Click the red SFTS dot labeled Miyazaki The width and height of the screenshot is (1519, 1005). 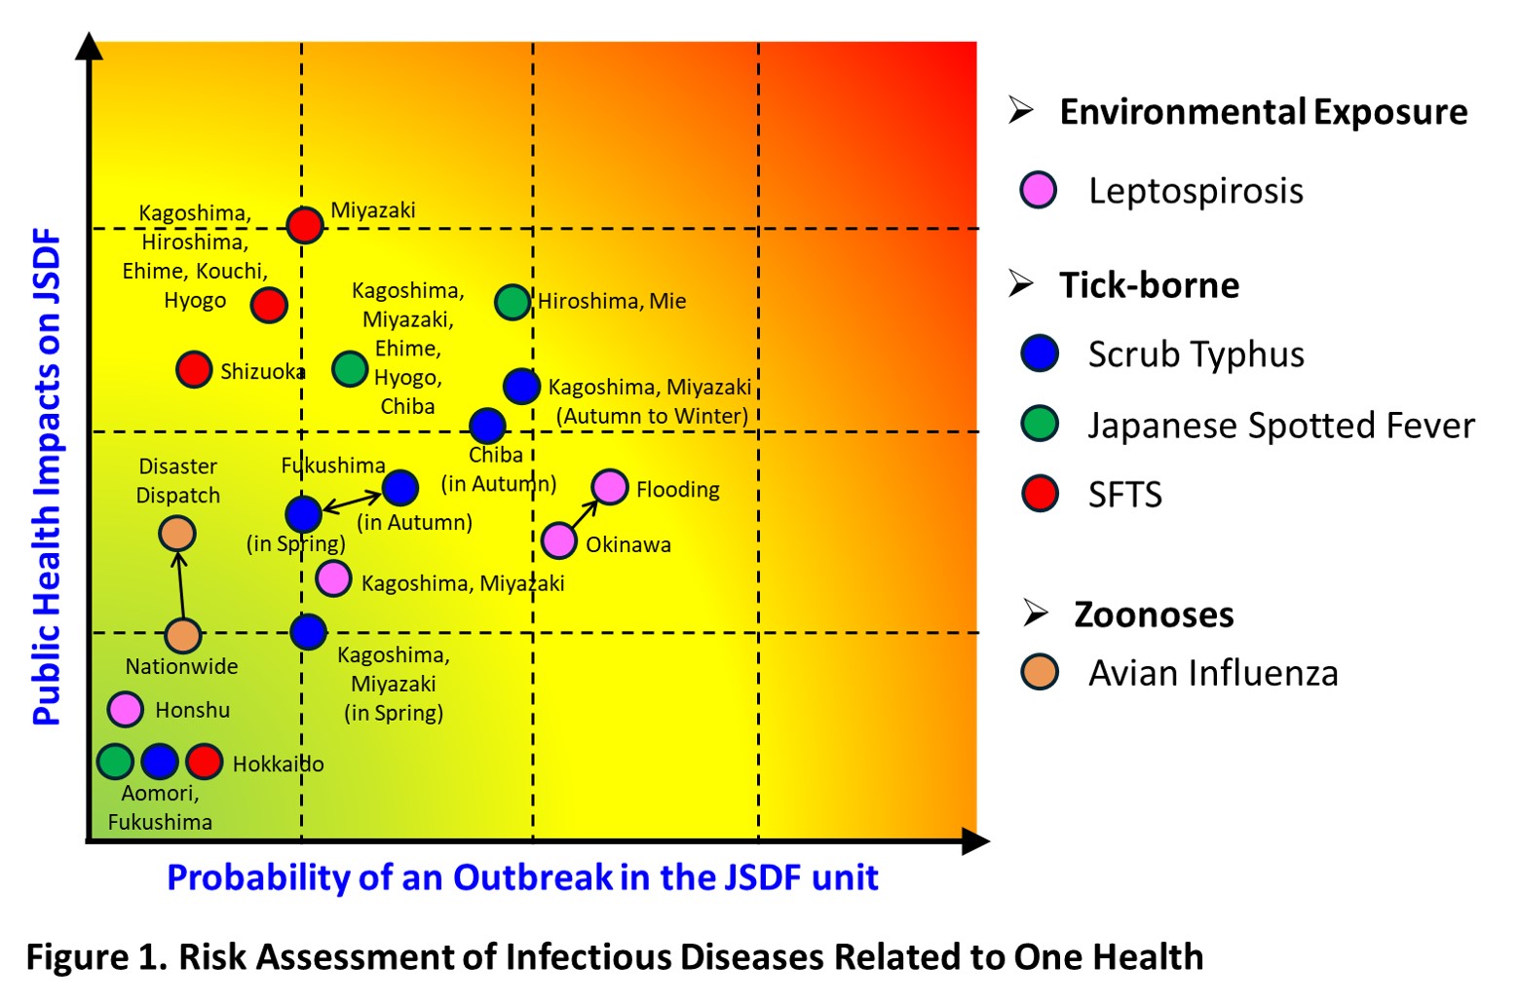click(x=305, y=225)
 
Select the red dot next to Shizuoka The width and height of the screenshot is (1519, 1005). click(x=194, y=369)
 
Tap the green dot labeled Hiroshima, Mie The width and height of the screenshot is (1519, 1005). click(x=513, y=302)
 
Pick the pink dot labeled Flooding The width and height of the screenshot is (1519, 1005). click(x=610, y=486)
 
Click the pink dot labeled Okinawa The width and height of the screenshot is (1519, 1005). click(x=559, y=540)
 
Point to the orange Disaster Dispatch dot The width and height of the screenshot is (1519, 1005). click(x=177, y=533)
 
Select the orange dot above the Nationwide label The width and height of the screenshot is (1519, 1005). click(x=183, y=635)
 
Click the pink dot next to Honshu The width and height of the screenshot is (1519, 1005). click(x=126, y=709)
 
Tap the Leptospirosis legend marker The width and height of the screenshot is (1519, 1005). click(x=1039, y=190)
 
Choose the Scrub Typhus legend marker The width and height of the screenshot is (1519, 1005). click(x=1040, y=354)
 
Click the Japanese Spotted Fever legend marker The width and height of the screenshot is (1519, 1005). click(x=1040, y=425)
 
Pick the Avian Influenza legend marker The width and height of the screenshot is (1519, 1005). click(x=1040, y=672)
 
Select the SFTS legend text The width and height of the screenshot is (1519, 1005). click(x=1124, y=495)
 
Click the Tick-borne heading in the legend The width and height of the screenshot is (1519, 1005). click(x=1149, y=285)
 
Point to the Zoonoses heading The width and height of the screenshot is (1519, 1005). click(x=1154, y=614)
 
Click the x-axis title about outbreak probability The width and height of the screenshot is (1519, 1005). click(x=522, y=877)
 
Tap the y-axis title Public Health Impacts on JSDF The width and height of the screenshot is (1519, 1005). click(x=47, y=477)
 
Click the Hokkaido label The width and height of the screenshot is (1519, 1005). click(x=278, y=763)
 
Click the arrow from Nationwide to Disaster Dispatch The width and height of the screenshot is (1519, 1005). click(x=180, y=584)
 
